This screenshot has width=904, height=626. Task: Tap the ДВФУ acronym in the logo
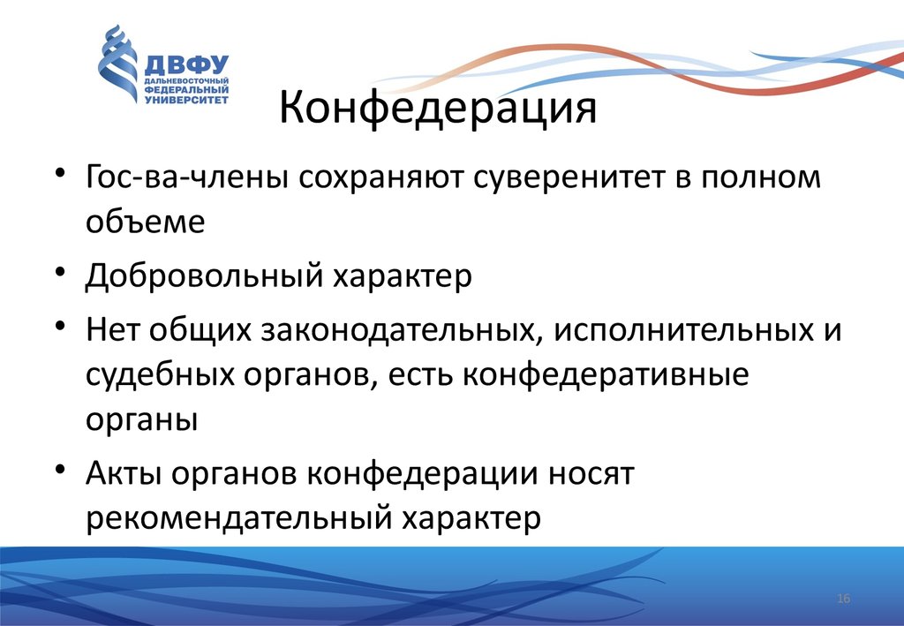click(x=187, y=65)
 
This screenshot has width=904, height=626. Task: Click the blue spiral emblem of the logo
click(x=118, y=64)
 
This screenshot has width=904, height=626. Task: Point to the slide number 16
click(x=843, y=599)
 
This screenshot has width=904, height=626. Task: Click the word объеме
click(x=146, y=221)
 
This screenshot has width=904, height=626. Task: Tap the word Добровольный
click(x=204, y=276)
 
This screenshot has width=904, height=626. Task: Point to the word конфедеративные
click(x=606, y=374)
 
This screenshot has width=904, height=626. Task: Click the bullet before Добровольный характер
click(x=60, y=270)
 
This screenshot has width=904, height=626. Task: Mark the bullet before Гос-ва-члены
click(x=60, y=172)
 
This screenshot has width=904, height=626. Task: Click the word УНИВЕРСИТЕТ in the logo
click(x=186, y=100)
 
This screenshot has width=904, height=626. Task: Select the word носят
click(x=591, y=474)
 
